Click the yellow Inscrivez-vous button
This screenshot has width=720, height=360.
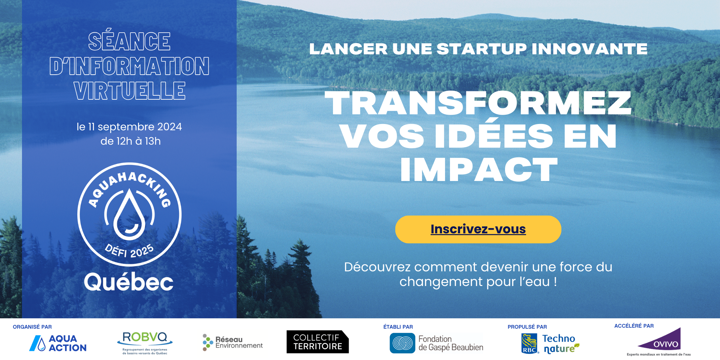tap(478, 229)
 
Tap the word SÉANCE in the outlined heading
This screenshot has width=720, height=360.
tap(129, 42)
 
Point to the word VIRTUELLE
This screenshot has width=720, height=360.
tap(130, 91)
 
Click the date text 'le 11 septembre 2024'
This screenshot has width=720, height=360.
tap(129, 127)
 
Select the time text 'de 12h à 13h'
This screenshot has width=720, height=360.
tap(131, 141)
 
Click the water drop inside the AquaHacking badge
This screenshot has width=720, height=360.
tap(130, 214)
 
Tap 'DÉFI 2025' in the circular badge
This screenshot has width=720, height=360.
tap(129, 251)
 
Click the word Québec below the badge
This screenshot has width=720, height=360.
tap(129, 282)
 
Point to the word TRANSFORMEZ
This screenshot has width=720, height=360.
tap(478, 103)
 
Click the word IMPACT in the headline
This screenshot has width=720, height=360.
tap(479, 170)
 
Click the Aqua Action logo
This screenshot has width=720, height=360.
tap(58, 343)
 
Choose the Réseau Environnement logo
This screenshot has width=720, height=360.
tap(233, 343)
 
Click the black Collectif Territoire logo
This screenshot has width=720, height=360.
tap(318, 342)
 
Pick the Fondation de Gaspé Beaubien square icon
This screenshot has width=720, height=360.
tap(402, 343)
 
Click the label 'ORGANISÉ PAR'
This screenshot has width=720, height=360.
tap(32, 327)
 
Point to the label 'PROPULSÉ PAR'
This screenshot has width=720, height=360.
tap(527, 327)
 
